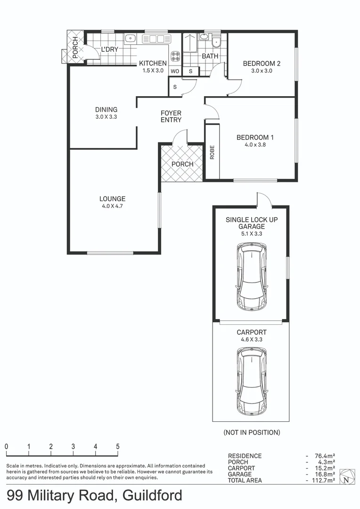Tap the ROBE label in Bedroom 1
(212, 151)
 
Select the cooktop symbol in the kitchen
(175, 57)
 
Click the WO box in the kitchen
(175, 71)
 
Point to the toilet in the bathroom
(216, 42)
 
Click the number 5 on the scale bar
(118, 446)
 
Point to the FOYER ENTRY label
(171, 116)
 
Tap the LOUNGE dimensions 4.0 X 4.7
(112, 206)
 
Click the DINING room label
(106, 110)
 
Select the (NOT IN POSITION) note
(252, 432)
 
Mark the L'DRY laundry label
(109, 49)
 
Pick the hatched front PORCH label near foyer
(182, 164)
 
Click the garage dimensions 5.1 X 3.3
(252, 234)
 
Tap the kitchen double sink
(156, 39)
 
